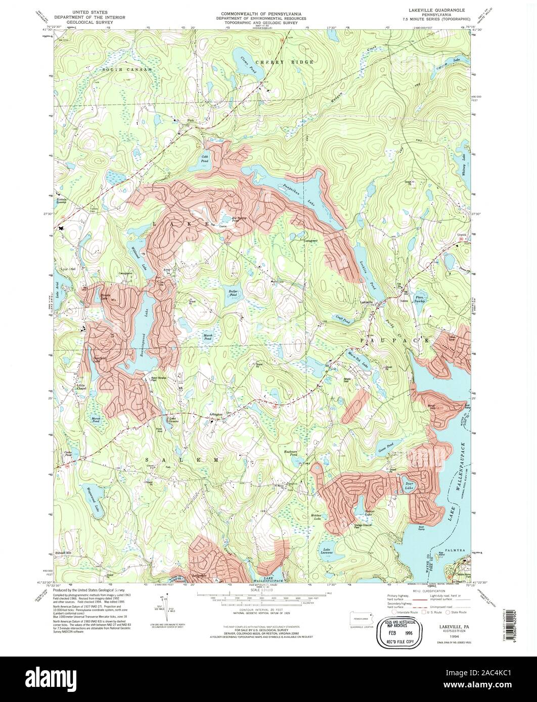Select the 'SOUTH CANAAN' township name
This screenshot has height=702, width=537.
(x=126, y=68)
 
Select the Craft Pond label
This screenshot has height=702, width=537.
(x=343, y=319)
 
